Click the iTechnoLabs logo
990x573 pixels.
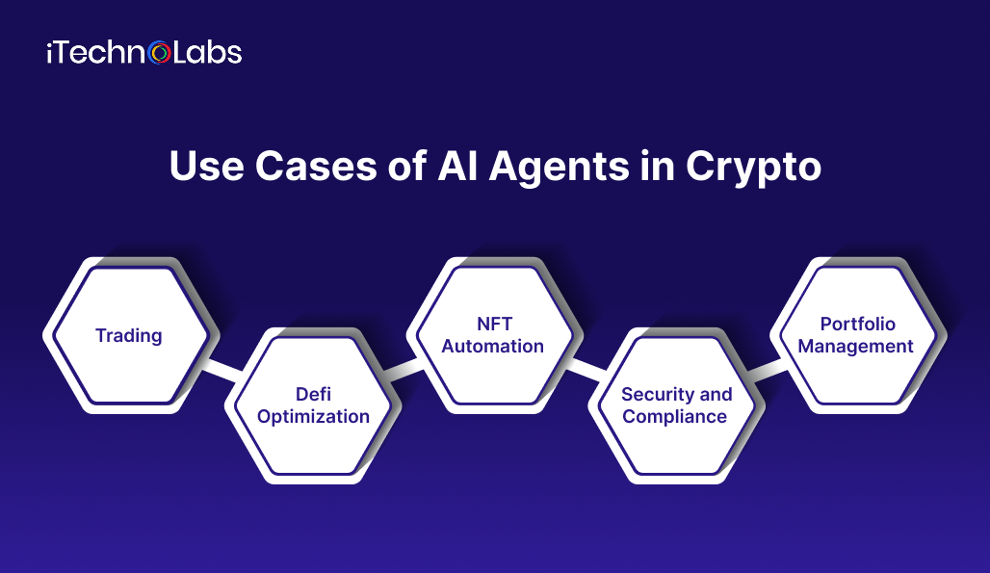pos(143,52)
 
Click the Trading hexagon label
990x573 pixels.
pos(128,336)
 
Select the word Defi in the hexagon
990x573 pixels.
pos(313,394)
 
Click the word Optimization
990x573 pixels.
pos(313,416)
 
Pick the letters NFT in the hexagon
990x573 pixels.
pos(493,325)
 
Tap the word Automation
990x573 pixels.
pos(493,347)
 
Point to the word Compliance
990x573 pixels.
pos(675,416)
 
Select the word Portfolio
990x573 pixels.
pos(857,325)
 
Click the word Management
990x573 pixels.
pos(856,347)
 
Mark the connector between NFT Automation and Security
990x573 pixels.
pos(584,368)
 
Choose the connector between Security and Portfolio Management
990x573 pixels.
pos(766,370)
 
